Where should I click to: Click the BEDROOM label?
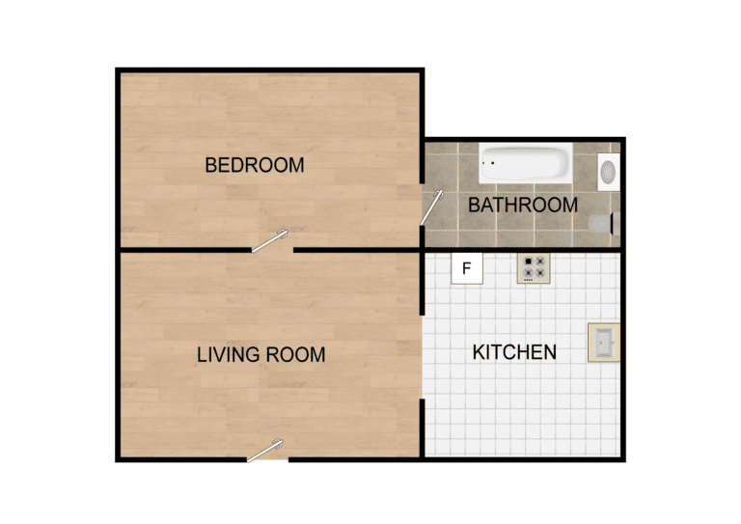255,165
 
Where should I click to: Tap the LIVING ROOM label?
261,354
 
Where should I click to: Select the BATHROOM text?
523,205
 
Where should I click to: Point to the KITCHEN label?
514,352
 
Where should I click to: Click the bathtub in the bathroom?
526,163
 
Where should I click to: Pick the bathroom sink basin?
608,172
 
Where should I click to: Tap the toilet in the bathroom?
604,224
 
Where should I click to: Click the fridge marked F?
467,268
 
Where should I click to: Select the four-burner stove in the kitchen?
534,268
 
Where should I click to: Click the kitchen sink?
603,343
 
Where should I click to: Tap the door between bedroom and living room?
269,240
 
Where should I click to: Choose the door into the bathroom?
432,207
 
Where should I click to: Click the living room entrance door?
264,451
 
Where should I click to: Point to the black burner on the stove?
528,262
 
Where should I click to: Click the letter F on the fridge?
467,268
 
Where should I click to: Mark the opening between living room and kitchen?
422,357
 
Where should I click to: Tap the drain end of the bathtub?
488,163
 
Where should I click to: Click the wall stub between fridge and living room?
422,283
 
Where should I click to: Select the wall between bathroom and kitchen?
523,250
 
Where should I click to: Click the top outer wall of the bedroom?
270,70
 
